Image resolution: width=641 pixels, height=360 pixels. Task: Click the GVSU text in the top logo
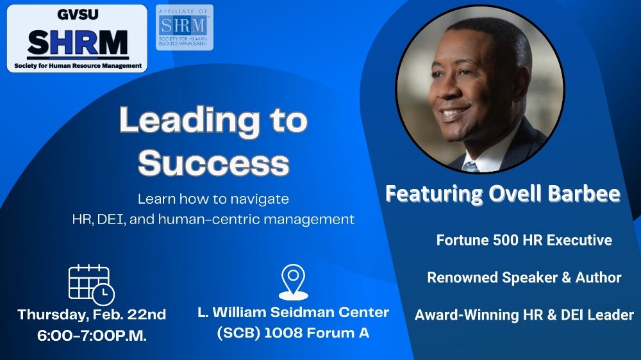[78, 15]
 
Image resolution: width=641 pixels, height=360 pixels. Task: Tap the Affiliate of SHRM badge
[185, 28]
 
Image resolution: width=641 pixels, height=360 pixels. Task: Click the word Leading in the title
[189, 121]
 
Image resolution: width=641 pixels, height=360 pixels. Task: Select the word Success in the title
[213, 163]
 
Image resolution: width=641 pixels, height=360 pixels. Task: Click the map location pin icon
[293, 282]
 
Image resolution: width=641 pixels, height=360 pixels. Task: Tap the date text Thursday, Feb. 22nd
[92, 315]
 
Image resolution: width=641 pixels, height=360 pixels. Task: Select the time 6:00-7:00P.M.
[92, 336]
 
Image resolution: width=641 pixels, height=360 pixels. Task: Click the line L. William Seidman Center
[293, 313]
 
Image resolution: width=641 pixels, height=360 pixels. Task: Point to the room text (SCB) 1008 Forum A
[293, 333]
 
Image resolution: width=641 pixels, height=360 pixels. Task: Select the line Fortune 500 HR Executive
[524, 240]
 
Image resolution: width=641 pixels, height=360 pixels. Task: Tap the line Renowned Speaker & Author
[524, 277]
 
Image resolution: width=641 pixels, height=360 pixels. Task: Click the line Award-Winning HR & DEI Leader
[524, 315]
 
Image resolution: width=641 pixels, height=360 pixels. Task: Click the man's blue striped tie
[470, 167]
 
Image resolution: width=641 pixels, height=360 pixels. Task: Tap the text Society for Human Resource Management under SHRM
[78, 66]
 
